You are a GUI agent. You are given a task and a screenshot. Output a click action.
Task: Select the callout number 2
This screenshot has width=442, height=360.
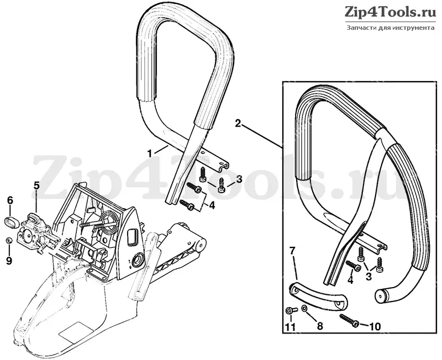(239, 123)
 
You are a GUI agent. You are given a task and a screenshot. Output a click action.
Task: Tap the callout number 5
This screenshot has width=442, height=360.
(36, 186)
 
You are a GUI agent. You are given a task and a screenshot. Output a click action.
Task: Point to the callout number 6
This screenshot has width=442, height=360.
(10, 200)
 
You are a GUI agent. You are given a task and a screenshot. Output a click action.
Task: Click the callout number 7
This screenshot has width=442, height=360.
(292, 251)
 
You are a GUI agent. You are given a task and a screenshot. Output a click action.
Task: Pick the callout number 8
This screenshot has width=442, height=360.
(320, 326)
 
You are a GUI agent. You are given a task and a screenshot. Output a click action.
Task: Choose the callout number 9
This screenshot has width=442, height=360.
(9, 261)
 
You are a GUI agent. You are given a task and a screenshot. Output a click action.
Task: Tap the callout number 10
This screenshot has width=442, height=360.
(375, 326)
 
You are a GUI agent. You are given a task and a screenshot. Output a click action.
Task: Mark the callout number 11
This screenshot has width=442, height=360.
(291, 327)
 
